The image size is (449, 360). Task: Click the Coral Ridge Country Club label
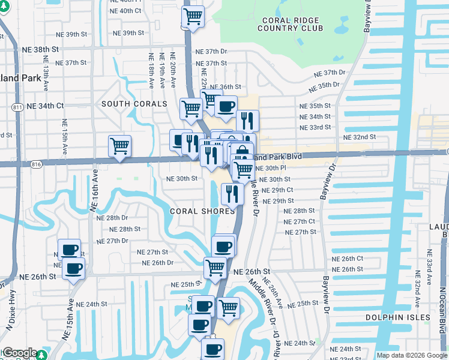click(290, 23)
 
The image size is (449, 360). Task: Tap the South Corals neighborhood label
click(134, 104)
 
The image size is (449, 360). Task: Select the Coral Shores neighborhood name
click(202, 211)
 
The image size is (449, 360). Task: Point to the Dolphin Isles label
click(399, 317)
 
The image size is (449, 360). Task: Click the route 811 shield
click(16, 107)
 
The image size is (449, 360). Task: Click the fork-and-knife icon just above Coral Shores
click(232, 194)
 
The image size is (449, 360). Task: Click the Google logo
click(20, 353)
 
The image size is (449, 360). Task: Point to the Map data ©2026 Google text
click(411, 355)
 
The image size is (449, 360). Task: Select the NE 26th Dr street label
click(157, 263)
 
